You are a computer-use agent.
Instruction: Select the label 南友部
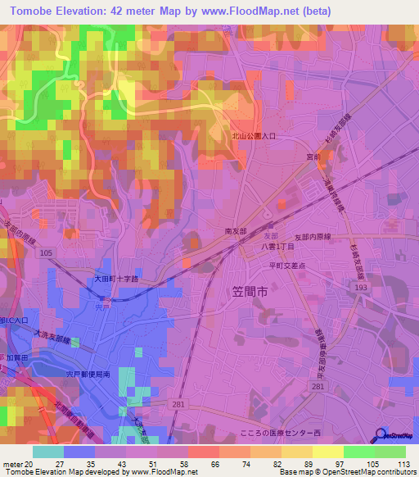pyautogui.click(x=236, y=232)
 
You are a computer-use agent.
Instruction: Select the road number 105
pyautogui.click(x=46, y=253)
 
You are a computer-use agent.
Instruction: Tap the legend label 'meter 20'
pyautogui.click(x=17, y=463)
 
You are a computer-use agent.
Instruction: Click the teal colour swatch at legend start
pyautogui.click(x=48, y=452)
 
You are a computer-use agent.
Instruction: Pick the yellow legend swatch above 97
pyautogui.click(x=327, y=452)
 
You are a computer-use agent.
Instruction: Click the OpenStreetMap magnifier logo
pyautogui.click(x=382, y=435)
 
